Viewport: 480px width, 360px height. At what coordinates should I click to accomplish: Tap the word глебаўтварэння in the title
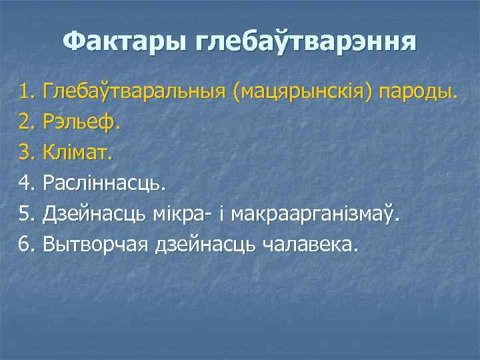[x=306, y=43]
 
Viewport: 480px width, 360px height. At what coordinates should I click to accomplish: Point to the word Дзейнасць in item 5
[x=95, y=214]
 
